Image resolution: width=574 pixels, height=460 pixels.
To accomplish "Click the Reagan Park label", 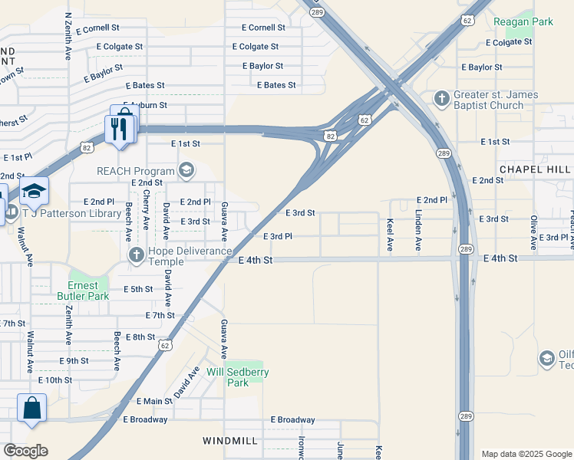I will click(x=523, y=22).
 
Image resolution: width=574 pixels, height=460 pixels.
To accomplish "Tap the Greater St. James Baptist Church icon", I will click(x=442, y=98).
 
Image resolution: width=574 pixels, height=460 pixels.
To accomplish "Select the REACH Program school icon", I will click(x=186, y=169).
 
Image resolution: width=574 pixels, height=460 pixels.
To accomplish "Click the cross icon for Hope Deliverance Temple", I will click(x=136, y=255).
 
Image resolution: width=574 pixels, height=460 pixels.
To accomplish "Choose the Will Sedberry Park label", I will click(x=238, y=377).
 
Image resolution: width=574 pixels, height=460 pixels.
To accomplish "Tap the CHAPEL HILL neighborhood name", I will click(x=535, y=169).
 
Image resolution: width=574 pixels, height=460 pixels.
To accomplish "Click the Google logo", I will click(x=25, y=450).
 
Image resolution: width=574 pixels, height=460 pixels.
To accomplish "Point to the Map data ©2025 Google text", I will click(x=526, y=454).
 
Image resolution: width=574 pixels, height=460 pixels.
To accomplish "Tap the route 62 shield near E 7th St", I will click(x=166, y=346).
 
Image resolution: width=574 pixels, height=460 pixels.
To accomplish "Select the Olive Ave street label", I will click(x=533, y=230).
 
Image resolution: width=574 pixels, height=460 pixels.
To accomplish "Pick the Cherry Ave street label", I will click(x=146, y=210).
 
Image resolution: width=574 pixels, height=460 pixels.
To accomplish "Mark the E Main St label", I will click(x=154, y=401).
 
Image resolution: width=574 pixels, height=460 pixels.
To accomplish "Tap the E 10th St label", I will click(x=54, y=379).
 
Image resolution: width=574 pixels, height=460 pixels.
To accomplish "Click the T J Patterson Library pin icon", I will click(x=34, y=191).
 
